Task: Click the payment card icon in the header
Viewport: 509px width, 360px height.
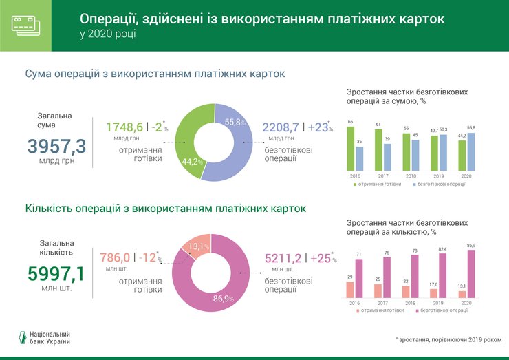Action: pyautogui.click(x=25, y=25)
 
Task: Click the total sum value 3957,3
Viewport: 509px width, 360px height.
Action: pyautogui.click(x=56, y=146)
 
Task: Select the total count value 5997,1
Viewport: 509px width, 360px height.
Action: pyautogui.click(x=56, y=274)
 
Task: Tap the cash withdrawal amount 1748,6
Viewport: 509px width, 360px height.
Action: pyautogui.click(x=124, y=127)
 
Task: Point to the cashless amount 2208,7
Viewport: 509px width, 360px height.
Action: pyautogui.click(x=281, y=127)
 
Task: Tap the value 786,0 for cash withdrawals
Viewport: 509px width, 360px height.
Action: pyautogui.click(x=114, y=257)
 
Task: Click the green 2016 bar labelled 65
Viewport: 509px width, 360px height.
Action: pyautogui.click(x=351, y=147)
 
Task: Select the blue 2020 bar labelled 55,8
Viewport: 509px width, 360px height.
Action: pyautogui.click(x=470, y=151)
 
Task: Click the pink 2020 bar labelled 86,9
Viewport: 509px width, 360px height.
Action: pyautogui.click(x=470, y=274)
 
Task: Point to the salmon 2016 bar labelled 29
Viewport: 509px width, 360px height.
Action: pyautogui.click(x=350, y=290)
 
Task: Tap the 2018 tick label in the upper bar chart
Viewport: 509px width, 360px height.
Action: pyautogui.click(x=411, y=177)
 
